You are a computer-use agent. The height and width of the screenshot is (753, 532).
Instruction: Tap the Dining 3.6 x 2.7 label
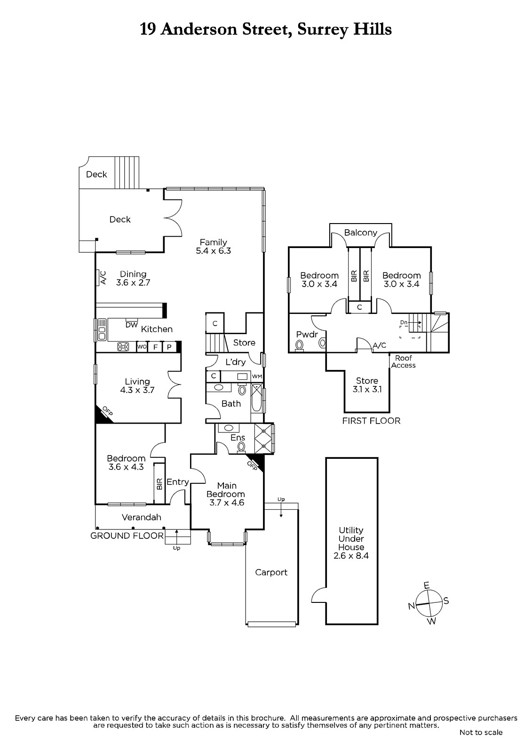click(x=133, y=278)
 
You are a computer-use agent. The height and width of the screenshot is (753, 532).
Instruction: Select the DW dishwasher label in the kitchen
click(x=131, y=325)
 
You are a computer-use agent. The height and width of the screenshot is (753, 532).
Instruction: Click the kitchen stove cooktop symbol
click(x=123, y=347)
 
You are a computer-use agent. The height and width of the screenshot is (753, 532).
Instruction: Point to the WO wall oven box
click(x=142, y=347)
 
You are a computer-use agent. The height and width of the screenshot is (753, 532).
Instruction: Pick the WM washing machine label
click(x=257, y=376)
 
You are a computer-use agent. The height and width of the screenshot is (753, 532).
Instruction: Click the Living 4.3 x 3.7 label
click(x=137, y=385)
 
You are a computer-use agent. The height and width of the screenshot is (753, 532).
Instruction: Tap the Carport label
click(x=271, y=572)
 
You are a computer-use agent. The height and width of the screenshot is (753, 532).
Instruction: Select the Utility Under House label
click(x=351, y=543)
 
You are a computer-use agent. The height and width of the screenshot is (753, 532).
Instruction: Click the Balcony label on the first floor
click(x=360, y=232)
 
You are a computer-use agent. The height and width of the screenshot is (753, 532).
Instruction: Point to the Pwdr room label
click(x=307, y=335)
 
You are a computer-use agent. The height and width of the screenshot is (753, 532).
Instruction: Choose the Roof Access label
click(x=403, y=362)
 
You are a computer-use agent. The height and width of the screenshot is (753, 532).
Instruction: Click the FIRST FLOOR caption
click(x=371, y=421)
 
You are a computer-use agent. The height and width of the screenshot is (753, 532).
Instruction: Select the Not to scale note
click(x=481, y=732)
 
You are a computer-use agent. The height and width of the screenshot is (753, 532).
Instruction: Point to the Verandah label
click(x=141, y=517)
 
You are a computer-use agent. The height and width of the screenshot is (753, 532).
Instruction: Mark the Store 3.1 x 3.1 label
click(x=367, y=385)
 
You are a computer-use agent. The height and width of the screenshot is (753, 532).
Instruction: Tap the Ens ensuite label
click(x=238, y=438)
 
